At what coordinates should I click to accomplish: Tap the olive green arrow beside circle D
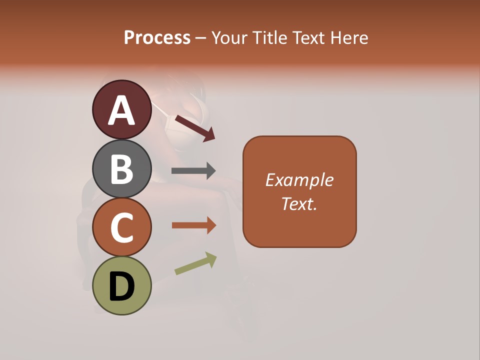[x=195, y=263]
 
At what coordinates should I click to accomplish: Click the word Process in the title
[x=157, y=38]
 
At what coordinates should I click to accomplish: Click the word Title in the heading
[x=269, y=38]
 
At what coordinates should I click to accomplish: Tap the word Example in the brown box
[x=299, y=180]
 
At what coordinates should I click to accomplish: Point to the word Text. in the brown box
[x=299, y=203]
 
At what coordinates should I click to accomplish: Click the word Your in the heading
[x=229, y=38]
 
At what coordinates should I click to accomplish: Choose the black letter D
[x=121, y=287]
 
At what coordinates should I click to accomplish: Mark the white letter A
[x=121, y=111]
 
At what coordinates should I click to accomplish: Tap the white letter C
[x=121, y=227]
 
